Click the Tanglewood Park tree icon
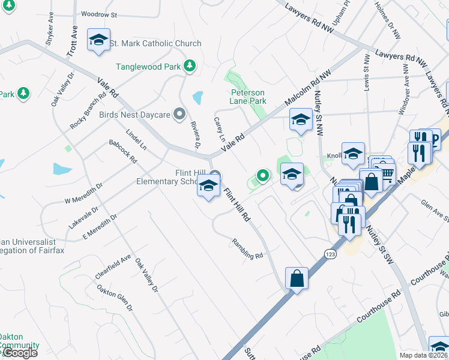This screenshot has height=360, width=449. (190, 65)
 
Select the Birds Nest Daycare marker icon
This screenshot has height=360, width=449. (178, 114)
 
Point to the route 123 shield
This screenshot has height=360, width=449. (330, 254)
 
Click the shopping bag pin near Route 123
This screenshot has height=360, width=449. (297, 278)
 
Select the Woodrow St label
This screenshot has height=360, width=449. (98, 14)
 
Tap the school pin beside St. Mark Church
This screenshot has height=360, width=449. (98, 40)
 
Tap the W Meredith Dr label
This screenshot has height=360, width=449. (83, 193)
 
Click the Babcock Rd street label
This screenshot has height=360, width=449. (123, 152)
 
